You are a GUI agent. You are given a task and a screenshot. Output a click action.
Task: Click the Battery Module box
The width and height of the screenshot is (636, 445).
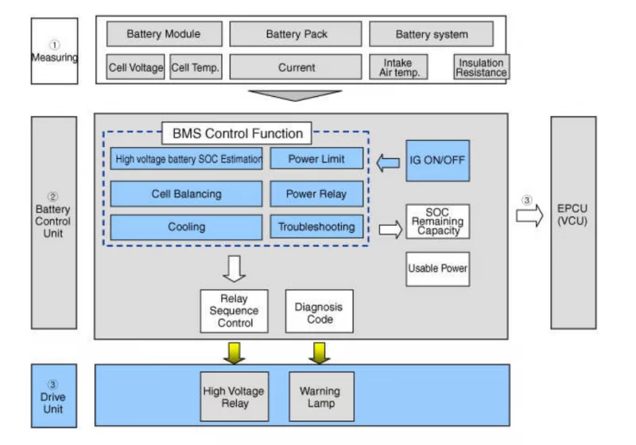164,34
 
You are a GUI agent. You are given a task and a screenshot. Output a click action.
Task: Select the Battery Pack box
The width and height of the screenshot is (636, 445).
297,34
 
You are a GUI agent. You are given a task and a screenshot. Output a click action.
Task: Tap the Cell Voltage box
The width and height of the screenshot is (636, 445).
136,68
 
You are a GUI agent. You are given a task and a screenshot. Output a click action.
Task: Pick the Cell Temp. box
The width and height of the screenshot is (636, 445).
196,68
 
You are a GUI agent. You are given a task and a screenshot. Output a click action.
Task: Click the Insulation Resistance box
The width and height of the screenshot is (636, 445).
481,67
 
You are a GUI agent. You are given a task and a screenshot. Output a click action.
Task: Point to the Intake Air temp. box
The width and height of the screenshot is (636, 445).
397,67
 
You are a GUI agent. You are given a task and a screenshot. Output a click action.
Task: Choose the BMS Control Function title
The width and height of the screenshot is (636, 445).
237,133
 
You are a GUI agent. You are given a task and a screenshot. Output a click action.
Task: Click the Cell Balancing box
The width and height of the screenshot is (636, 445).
186,194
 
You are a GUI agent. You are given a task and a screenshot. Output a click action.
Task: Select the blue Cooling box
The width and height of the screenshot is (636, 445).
186,227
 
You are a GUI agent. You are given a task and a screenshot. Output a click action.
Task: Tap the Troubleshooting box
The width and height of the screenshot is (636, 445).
316,227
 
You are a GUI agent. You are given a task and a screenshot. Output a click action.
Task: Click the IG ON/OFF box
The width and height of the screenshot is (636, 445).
437,160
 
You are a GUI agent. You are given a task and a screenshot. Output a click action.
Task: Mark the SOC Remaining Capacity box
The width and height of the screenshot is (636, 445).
437,222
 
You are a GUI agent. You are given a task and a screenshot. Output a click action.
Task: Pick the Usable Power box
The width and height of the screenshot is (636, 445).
437,269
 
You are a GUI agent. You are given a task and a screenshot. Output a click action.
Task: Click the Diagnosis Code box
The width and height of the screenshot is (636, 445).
319,311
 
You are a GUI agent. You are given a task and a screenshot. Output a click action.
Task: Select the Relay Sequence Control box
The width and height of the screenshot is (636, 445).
235,311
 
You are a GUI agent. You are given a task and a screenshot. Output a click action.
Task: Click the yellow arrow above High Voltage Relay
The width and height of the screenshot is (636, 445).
235,352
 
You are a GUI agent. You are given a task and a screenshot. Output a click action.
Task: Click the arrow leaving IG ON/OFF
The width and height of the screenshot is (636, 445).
388,163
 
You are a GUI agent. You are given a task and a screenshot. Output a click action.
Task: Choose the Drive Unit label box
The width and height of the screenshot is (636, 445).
53,396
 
